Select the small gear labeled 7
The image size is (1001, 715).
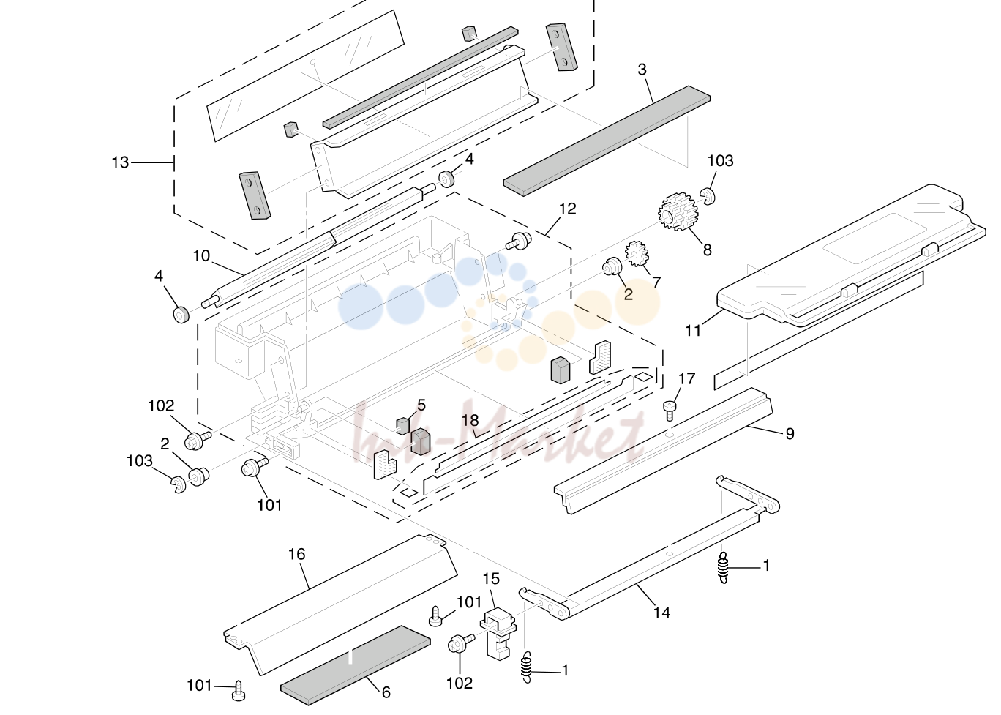(x=637, y=254)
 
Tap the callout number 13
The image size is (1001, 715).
(x=120, y=162)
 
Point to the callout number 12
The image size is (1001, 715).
(x=568, y=209)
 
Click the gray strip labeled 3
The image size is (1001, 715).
(x=607, y=141)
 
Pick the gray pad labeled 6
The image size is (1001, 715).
(x=356, y=665)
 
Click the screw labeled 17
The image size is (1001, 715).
(x=670, y=409)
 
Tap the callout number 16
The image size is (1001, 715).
(x=297, y=554)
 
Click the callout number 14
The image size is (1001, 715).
(x=661, y=613)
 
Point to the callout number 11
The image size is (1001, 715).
(x=693, y=331)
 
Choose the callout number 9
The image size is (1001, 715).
(x=790, y=433)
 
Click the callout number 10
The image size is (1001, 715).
(x=201, y=255)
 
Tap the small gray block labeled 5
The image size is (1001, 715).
(x=402, y=425)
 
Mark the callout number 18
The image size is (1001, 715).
(x=470, y=421)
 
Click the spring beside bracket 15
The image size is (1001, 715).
(x=528, y=667)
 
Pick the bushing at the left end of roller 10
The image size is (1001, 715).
(x=181, y=315)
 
